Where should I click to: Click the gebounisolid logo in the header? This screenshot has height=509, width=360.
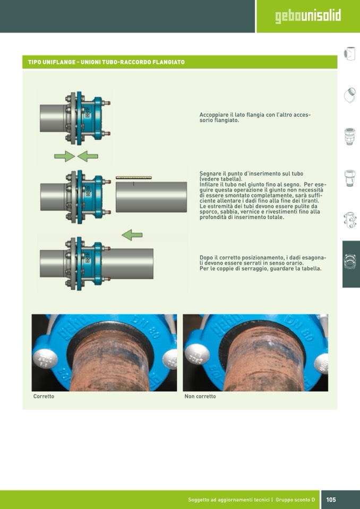(x=308, y=16)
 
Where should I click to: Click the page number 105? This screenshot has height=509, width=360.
(x=331, y=499)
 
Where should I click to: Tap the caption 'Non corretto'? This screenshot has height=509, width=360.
(x=200, y=396)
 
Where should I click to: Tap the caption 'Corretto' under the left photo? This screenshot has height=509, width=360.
(x=44, y=396)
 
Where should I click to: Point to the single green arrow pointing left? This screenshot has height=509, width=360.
(x=132, y=235)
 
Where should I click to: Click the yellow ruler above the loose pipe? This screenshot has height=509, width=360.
(x=134, y=178)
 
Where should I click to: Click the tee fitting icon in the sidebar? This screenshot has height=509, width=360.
(x=349, y=54)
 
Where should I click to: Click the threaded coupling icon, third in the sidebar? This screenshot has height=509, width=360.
(x=349, y=136)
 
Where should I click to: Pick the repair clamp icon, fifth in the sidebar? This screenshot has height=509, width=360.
(x=349, y=220)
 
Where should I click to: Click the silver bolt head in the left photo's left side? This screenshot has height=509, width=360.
(x=45, y=359)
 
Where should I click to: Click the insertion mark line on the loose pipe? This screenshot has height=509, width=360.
(x=134, y=184)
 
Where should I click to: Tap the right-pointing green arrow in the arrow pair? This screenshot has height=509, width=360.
(x=64, y=157)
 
